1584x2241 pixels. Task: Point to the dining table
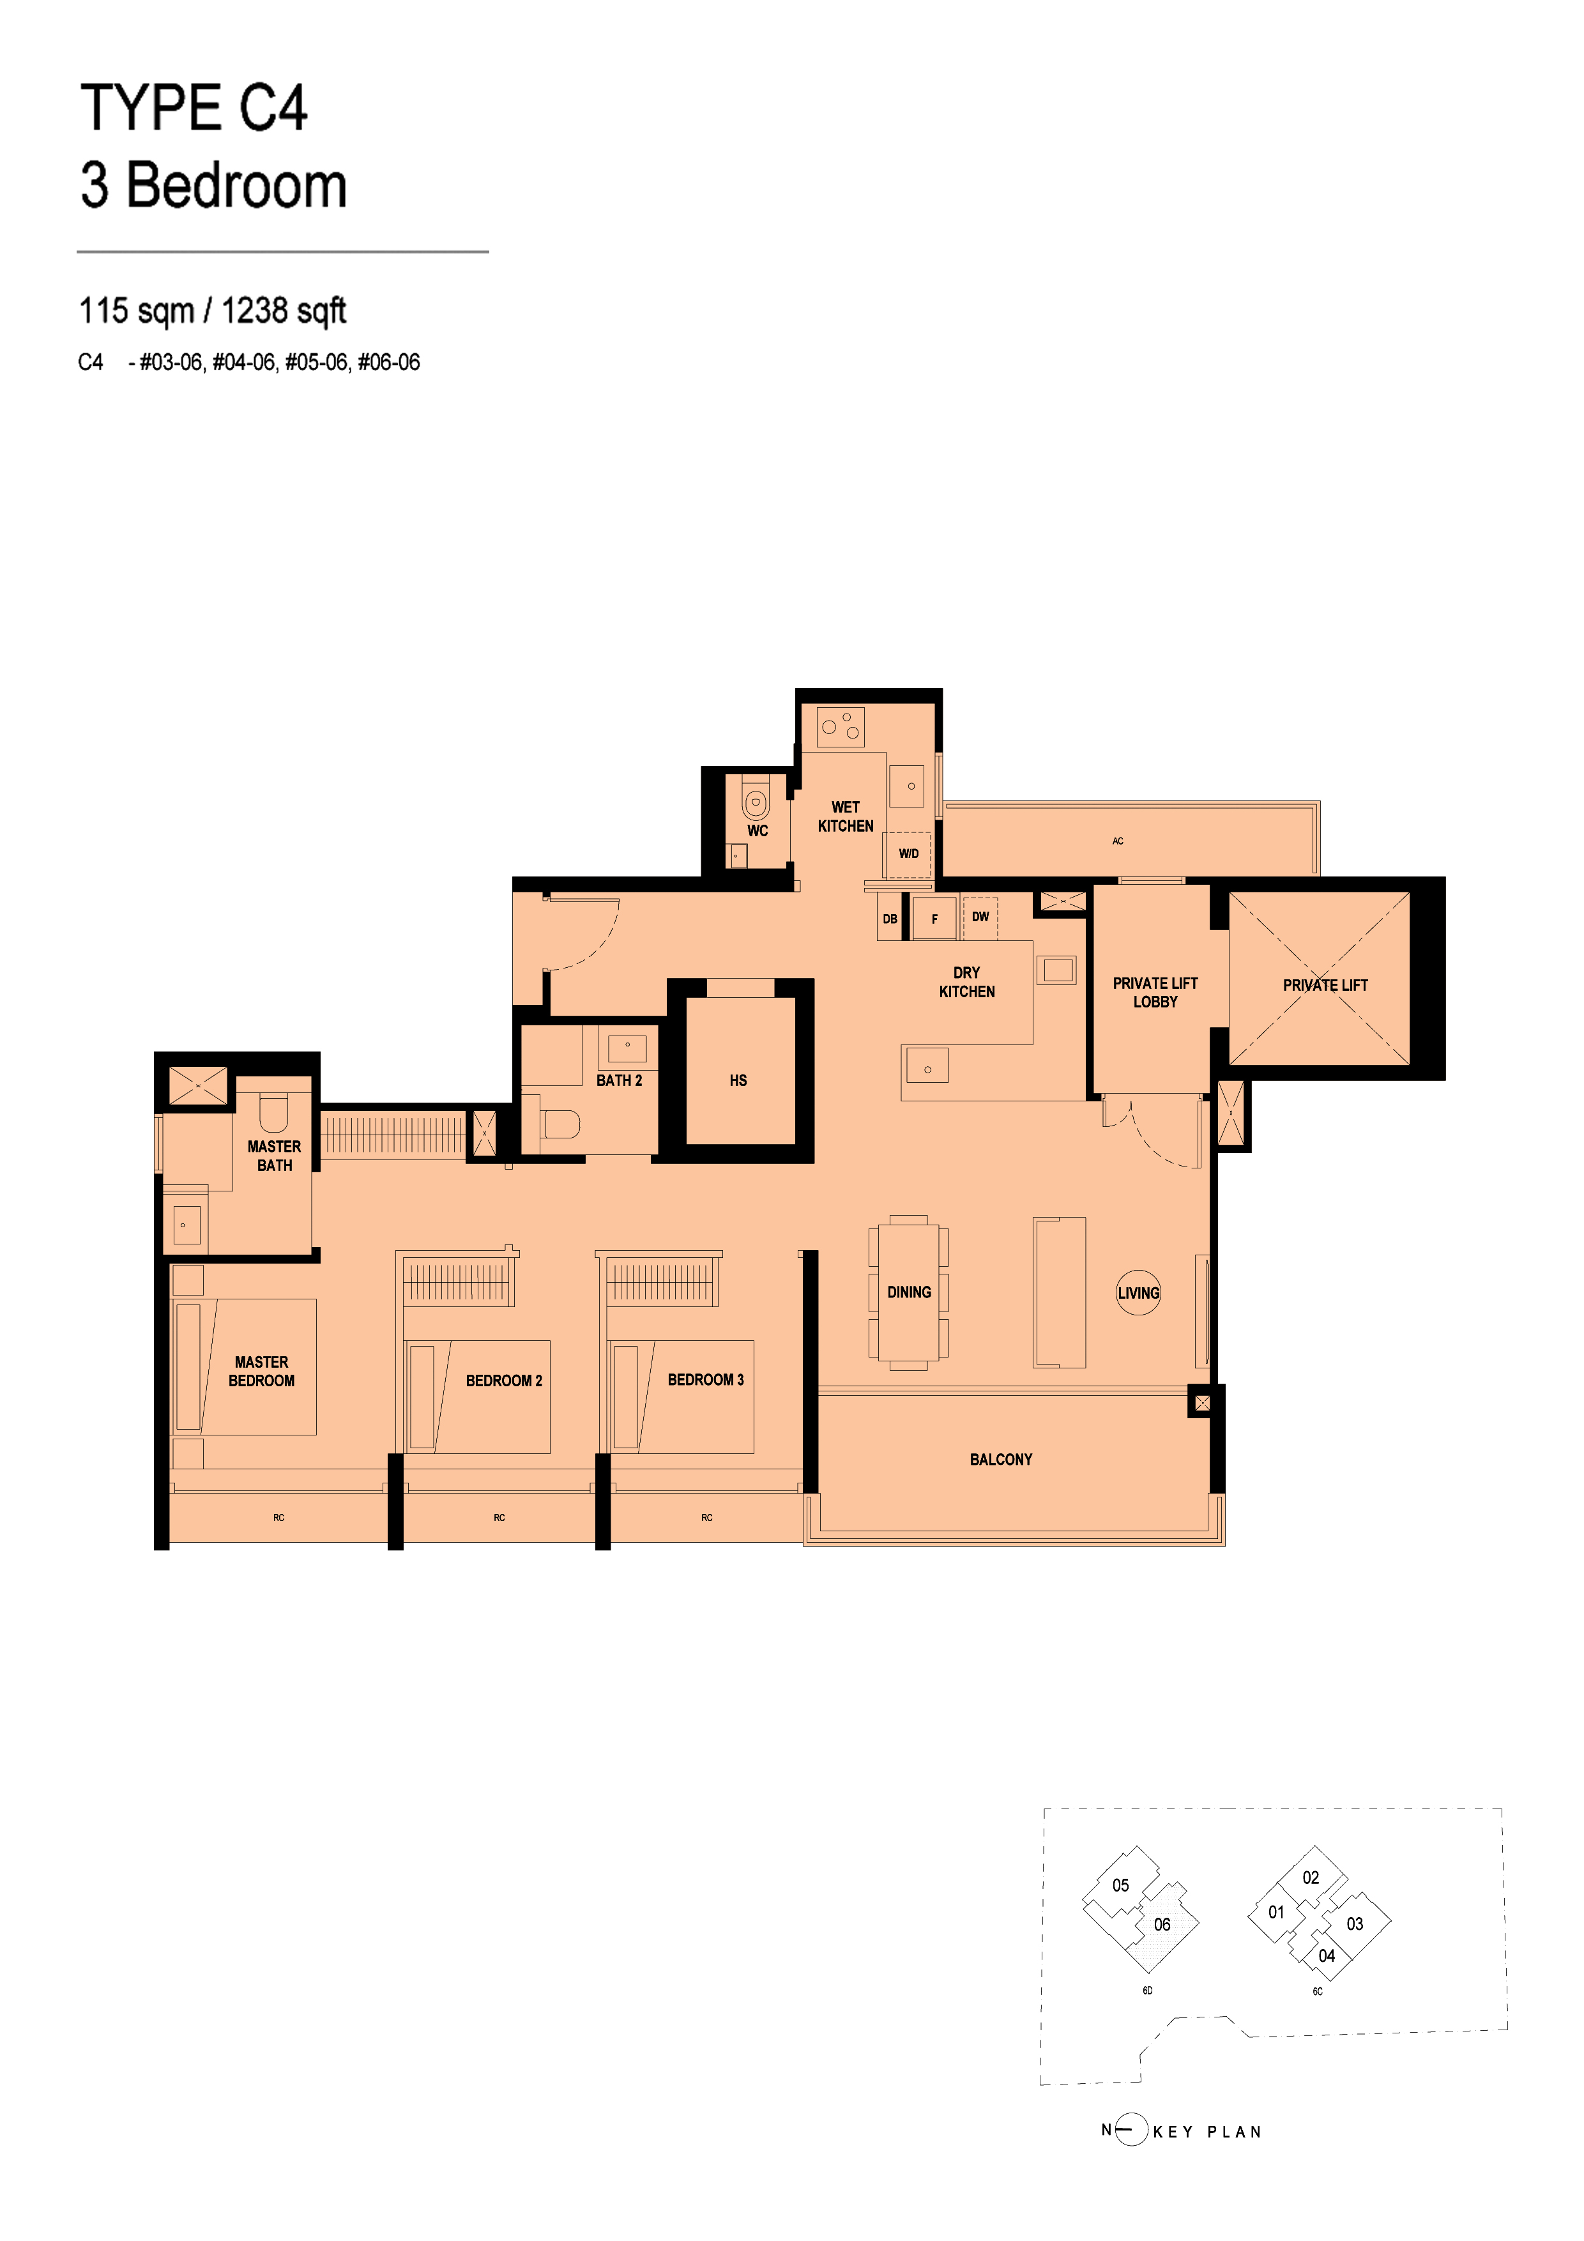[x=909, y=1292]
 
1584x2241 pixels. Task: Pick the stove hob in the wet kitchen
[x=841, y=726]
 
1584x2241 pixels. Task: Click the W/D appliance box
[x=909, y=855]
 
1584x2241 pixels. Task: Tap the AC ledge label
[x=1118, y=841]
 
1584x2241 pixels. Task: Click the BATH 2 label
[x=619, y=1080]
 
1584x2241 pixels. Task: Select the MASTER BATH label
[x=274, y=1156]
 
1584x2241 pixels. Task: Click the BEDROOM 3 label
[x=706, y=1379]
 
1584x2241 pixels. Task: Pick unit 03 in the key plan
[x=1355, y=1924]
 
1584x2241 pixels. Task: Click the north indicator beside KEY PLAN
[x=1124, y=2130]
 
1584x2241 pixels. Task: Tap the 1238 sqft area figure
[x=284, y=311]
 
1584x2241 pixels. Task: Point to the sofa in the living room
[x=1059, y=1292]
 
